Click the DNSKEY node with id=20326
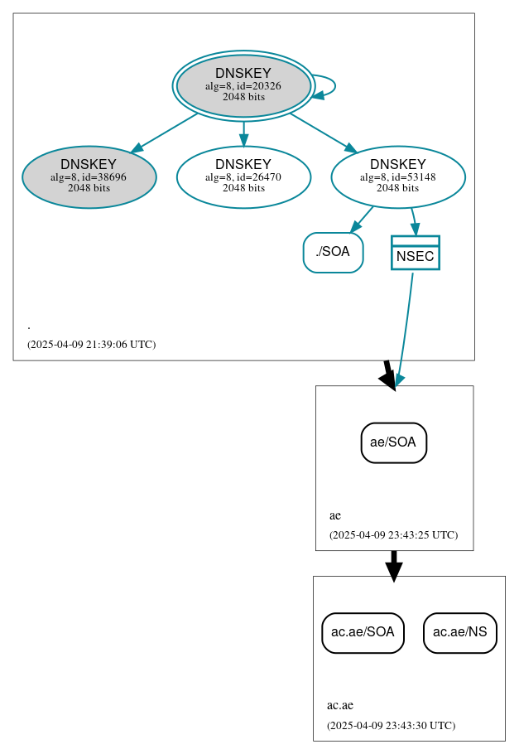[243, 85]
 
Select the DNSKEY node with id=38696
[89, 176]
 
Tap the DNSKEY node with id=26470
[243, 176]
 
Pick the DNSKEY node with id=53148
[398, 176]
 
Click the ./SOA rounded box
[333, 253]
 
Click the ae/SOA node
[394, 442]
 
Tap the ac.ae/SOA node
[363, 633]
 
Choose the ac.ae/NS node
[460, 633]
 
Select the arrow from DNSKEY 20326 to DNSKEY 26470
[243, 133]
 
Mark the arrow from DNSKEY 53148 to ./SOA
[362, 220]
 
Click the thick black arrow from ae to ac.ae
[394, 564]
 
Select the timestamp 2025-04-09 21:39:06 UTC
[91, 344]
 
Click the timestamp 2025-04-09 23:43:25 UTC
[393, 534]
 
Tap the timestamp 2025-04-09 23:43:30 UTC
[391, 725]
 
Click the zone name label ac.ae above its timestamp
[340, 706]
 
